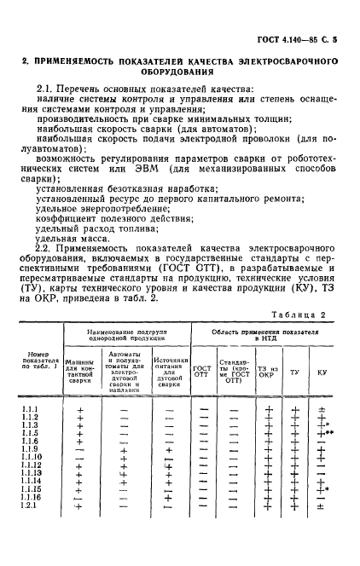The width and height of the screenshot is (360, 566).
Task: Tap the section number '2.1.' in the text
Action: click(48, 89)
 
